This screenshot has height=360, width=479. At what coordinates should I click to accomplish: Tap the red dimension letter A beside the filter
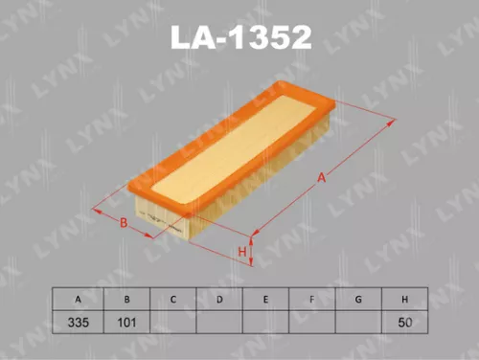pos(323,177)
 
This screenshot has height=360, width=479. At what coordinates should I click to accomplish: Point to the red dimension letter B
pos(124,223)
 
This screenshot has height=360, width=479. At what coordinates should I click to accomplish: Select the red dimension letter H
pos(242,252)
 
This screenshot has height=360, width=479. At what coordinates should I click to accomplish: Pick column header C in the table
pos(173,300)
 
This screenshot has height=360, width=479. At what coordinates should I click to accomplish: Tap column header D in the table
pos(219,300)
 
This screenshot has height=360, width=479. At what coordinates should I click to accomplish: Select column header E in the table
pos(266,300)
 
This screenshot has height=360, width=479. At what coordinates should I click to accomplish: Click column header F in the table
pos(313,300)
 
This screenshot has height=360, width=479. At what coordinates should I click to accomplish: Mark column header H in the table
pos(407,300)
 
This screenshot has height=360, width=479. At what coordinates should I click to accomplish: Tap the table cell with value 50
pos(407,323)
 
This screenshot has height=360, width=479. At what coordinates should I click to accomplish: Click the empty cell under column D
pos(219,323)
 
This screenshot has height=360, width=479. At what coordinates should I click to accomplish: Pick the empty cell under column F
pos(313,323)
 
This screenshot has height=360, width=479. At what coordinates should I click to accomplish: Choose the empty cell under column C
pos(173,323)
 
